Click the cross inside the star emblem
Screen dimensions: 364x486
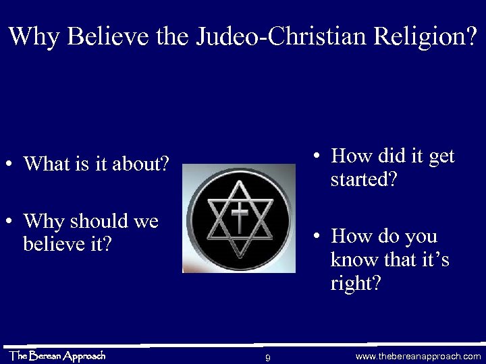click(240, 218)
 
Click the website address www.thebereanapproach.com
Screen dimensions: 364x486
click(418, 356)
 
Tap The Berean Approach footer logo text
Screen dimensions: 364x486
click(57, 356)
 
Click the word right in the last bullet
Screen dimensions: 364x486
click(355, 284)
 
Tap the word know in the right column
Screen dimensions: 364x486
click(353, 260)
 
